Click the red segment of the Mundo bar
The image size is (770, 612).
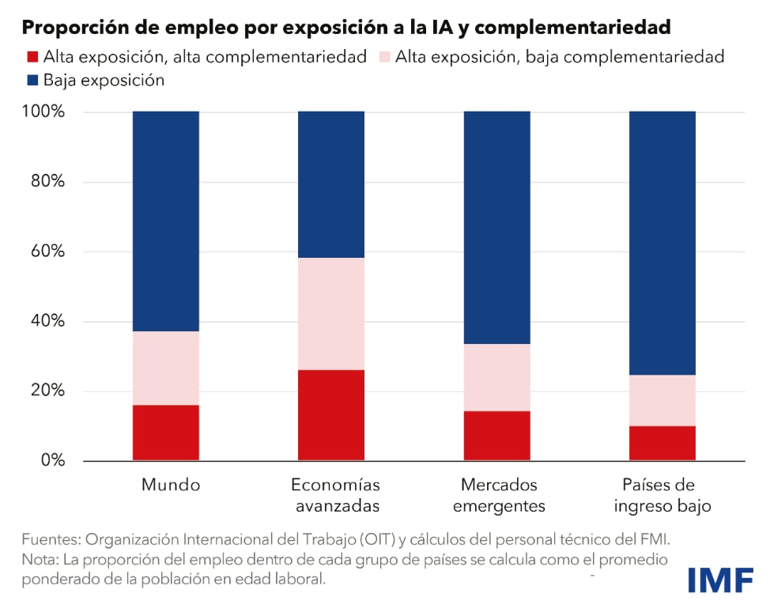tap(166, 433)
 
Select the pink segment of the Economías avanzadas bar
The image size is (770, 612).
tap(331, 313)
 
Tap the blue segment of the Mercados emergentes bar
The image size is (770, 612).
tap(496, 227)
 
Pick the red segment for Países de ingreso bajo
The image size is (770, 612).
tap(662, 443)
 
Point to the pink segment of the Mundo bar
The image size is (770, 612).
tap(166, 368)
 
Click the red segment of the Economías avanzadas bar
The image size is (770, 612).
tap(331, 414)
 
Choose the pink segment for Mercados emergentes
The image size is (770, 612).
tap(496, 377)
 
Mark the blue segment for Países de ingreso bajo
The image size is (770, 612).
tap(662, 243)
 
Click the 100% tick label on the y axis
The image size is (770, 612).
tap(43, 111)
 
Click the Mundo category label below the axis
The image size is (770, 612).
tap(171, 485)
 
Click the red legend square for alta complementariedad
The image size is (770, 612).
tap(32, 57)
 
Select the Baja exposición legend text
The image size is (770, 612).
tap(104, 80)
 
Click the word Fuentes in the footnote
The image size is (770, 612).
tap(49, 540)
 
